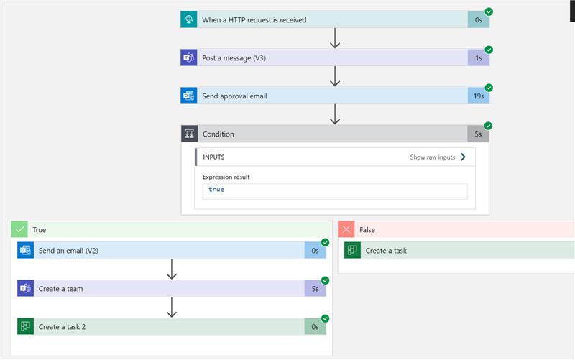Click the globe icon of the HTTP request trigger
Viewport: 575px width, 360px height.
189,19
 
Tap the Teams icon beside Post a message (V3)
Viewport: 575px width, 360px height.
189,57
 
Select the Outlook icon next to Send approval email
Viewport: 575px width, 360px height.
189,96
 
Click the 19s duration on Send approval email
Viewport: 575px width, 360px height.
479,96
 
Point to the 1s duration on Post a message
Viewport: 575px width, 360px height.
479,58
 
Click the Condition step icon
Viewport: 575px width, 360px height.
190,134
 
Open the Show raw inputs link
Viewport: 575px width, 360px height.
438,157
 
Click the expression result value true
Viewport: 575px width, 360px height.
216,189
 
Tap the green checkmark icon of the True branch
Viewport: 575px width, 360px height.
19,229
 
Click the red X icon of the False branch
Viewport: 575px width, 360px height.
346,229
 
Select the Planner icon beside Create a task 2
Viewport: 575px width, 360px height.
25,326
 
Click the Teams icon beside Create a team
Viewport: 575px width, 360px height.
25,288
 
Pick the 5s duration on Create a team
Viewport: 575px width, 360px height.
315,289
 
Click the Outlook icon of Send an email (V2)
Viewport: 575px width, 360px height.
25,250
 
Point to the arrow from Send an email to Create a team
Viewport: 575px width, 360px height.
172,269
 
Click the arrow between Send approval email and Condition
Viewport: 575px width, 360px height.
335,114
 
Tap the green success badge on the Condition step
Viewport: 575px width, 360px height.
488,126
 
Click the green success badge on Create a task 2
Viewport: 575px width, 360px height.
326,318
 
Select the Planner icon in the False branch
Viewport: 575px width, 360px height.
352,250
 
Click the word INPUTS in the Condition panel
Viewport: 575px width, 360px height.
213,157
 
